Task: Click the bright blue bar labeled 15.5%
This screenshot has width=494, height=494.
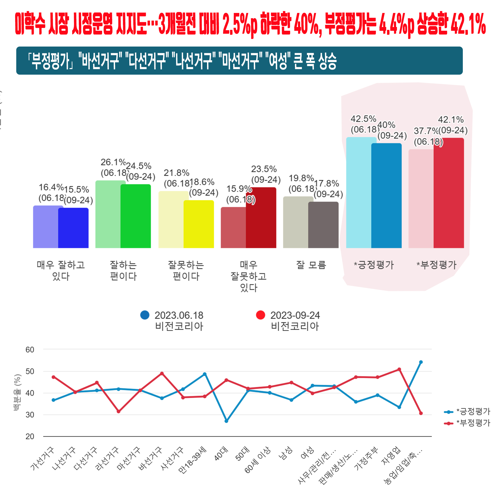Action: coord(73,228)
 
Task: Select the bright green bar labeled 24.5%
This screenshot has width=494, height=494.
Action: coord(136,216)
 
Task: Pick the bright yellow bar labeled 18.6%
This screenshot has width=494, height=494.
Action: coord(199,224)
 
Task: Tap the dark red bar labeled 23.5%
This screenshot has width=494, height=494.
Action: coord(261,218)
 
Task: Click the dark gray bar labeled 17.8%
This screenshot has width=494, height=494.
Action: coord(323,225)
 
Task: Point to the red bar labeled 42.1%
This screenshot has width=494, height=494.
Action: coord(449,193)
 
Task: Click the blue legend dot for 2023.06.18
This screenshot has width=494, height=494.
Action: coord(145,315)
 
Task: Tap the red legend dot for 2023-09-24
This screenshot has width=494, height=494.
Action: coord(261,315)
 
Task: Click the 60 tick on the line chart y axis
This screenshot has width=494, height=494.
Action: coord(30,350)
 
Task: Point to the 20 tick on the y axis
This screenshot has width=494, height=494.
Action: coord(30,437)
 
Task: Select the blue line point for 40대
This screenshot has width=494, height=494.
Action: coord(226,421)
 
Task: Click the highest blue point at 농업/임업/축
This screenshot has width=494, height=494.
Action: coord(421,362)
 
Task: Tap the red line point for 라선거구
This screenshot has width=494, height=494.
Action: coord(118,411)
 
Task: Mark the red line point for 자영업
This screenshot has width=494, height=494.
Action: coord(399,370)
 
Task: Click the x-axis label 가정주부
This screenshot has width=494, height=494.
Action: coord(366,462)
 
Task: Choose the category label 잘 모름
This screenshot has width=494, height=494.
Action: coord(311,265)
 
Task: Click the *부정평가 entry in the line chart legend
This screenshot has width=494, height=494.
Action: coord(473,424)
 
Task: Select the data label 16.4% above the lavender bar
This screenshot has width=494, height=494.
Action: coord(51,187)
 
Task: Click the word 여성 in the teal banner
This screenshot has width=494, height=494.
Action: coord(278,61)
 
